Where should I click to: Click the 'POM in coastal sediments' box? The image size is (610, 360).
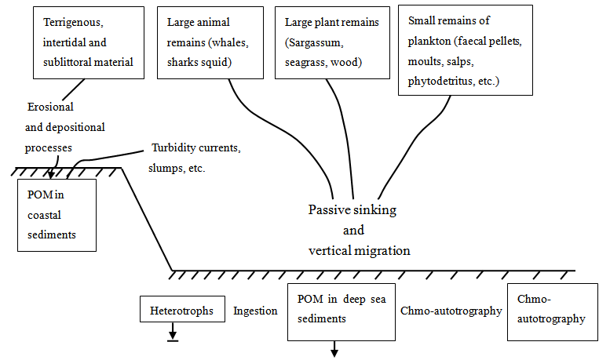coord(57,214)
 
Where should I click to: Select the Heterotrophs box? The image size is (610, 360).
coord(181,311)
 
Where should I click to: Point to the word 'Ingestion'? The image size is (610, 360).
coord(255,311)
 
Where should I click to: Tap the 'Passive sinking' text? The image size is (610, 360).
coord(352,210)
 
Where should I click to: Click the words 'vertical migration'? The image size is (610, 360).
coord(359,250)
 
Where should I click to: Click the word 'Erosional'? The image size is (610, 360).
coord(51,107)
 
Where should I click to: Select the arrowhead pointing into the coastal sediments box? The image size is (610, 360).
coord(51,175)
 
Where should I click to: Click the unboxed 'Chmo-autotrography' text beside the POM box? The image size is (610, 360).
coord(451,311)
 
